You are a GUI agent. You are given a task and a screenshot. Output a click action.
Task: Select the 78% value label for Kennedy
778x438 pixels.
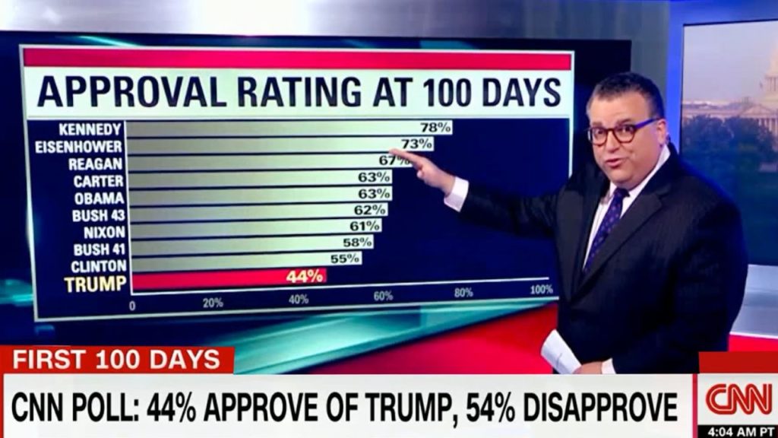[435, 127]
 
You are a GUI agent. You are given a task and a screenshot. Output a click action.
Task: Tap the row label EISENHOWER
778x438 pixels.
[78, 145]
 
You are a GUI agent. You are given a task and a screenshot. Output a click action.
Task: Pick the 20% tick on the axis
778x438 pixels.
[213, 302]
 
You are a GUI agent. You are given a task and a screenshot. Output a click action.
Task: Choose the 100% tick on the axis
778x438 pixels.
[541, 290]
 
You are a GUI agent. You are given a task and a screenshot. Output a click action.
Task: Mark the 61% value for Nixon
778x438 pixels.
[365, 226]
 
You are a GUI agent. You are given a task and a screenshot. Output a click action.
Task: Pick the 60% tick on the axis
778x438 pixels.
[382, 296]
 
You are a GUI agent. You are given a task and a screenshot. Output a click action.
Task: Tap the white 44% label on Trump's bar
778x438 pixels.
[305, 276]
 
